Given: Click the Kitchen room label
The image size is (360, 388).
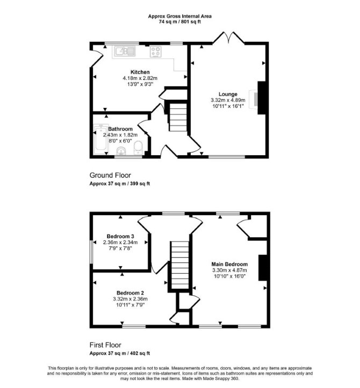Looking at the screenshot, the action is [x=140, y=72].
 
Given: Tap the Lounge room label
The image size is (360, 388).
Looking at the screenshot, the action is [x=228, y=94].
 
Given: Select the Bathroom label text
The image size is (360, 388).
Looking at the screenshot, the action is [x=120, y=129].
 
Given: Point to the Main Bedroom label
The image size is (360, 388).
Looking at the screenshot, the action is [x=229, y=264].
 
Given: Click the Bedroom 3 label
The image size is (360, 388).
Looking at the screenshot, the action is [x=120, y=236].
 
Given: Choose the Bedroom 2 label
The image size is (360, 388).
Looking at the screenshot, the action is [x=131, y=292].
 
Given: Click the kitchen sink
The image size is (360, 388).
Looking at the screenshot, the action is [x=125, y=51].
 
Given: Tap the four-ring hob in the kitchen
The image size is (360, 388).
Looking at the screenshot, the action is [x=156, y=52].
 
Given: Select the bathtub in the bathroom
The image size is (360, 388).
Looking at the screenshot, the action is [x=101, y=139].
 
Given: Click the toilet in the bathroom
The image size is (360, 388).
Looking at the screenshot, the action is [x=138, y=148].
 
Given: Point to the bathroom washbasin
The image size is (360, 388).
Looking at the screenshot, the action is [x=121, y=151].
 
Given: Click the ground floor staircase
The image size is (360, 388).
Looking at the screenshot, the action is [x=178, y=118].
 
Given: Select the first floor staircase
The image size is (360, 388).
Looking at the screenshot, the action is [x=179, y=265].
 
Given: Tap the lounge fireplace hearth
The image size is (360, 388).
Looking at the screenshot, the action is [x=253, y=99].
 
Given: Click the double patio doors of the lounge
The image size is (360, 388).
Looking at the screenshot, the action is [x=228, y=38].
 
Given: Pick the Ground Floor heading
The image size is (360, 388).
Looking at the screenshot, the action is [x=110, y=175].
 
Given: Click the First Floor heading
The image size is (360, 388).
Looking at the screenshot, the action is [x=105, y=345].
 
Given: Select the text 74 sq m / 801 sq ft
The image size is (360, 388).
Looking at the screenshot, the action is [x=179, y=22].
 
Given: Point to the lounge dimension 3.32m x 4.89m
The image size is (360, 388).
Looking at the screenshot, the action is [x=228, y=100].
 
